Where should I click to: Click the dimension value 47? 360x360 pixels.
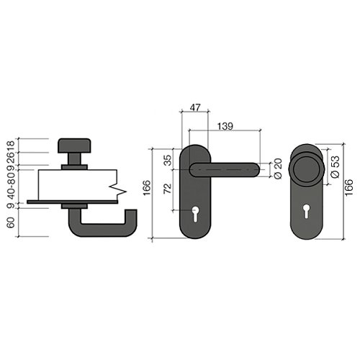coord(195,107)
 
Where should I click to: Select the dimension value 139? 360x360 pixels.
coord(225,127)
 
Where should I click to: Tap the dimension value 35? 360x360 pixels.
coord(168,160)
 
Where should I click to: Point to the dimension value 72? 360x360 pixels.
coord(168,189)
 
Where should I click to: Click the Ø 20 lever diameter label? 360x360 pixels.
coord(278,168)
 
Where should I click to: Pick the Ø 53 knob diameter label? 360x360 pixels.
coord(336,167)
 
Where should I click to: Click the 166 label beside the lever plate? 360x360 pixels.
coord(147,188)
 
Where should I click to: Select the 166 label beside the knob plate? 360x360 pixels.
coord(348,187)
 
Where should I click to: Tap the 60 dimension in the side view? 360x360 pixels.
coord(11,222)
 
